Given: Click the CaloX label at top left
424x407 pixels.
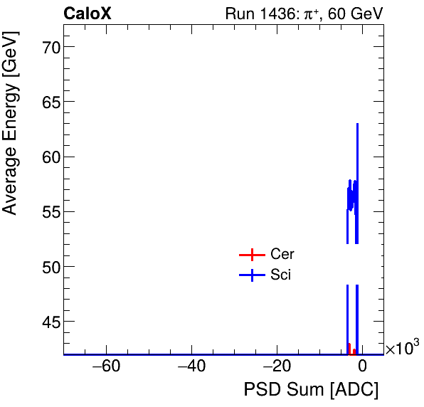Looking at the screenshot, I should [x=88, y=14].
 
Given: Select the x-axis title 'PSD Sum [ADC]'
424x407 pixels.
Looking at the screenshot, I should [x=311, y=390].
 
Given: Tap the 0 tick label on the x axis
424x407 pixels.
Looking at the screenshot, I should [x=362, y=367].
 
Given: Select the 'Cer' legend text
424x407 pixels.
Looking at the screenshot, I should [x=282, y=255].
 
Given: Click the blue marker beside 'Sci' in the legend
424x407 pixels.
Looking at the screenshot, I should [x=252, y=275].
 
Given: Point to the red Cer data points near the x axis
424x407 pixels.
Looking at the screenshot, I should [x=350, y=349].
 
